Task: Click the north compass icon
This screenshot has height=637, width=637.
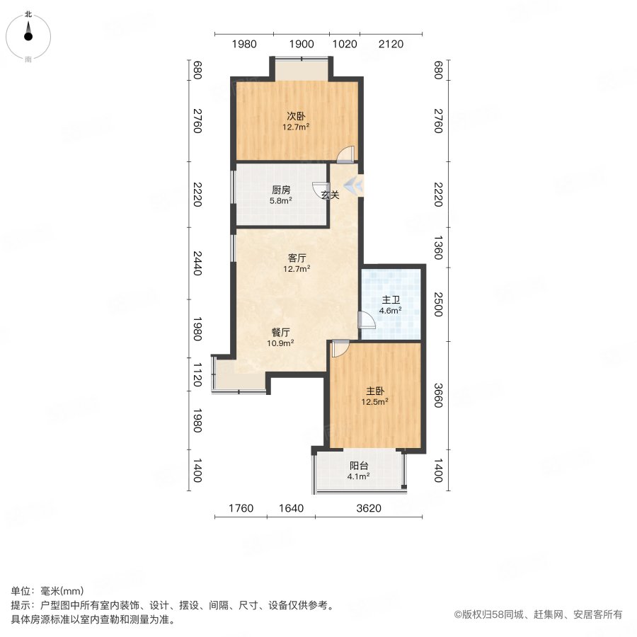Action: click(28, 34)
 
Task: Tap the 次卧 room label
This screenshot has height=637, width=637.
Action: click(296, 115)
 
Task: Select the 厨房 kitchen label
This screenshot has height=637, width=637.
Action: click(281, 190)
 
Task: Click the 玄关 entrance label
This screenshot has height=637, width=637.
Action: click(330, 195)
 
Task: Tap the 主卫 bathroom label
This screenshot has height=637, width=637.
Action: click(391, 299)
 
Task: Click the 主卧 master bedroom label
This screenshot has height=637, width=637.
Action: click(376, 390)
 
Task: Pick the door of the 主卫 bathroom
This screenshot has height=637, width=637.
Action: click(367, 321)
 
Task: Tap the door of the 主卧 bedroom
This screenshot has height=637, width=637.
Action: click(340, 348)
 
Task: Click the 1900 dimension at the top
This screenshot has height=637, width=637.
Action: click(302, 44)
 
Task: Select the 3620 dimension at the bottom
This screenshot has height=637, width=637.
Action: click(369, 507)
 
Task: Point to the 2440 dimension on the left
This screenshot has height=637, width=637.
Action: click(197, 263)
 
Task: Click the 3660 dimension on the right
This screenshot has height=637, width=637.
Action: click(438, 396)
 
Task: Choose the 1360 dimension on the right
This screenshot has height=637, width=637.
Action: click(438, 248)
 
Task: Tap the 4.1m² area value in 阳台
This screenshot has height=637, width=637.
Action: click(359, 476)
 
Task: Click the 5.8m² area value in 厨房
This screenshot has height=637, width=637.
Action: click(281, 200)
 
